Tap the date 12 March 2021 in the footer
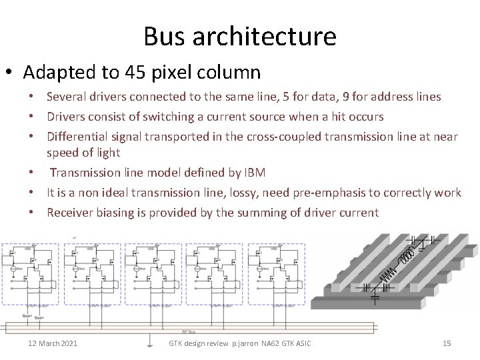pyautogui.click(x=52, y=343)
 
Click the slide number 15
pyautogui.click(x=447, y=343)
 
